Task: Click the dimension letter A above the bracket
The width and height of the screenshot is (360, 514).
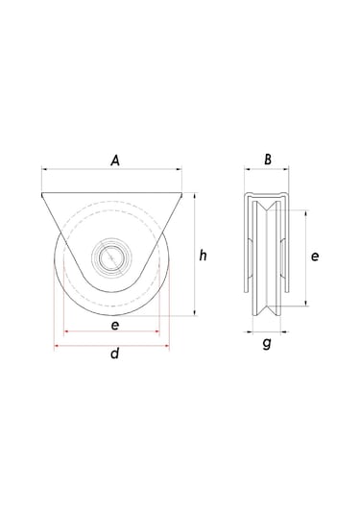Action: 114,161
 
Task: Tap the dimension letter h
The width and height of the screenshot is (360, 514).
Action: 203,255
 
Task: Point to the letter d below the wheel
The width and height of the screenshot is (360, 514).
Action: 114,355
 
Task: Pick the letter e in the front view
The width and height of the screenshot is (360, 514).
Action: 114,326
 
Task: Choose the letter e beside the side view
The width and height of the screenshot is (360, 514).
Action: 316,257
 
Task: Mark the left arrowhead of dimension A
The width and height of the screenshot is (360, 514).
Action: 43,174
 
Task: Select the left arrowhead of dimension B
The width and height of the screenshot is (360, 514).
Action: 239,174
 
